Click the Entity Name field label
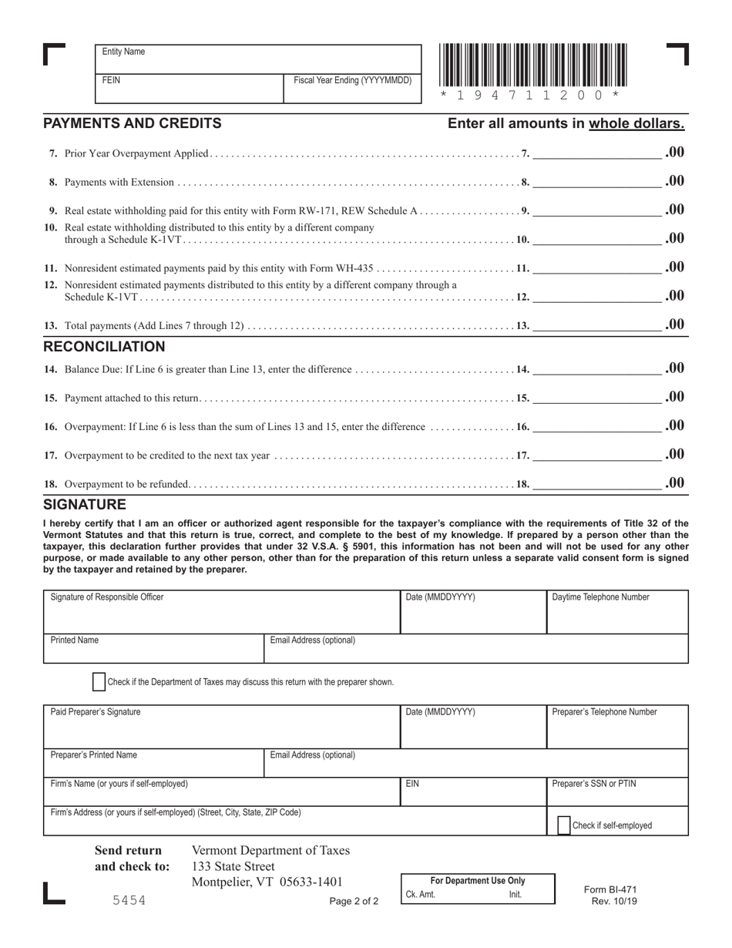coord(123,52)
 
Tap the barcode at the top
coord(532,66)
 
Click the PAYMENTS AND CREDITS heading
coord(133,123)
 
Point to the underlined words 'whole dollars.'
coord(636,123)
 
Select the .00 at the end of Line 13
coord(674,324)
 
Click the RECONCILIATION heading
coord(104,347)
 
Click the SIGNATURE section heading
coord(84,505)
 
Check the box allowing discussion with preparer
coord(99,681)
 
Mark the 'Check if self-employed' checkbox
coord(564,825)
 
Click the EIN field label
coord(412,784)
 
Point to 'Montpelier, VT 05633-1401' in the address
coord(267,882)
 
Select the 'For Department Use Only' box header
coord(477,880)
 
